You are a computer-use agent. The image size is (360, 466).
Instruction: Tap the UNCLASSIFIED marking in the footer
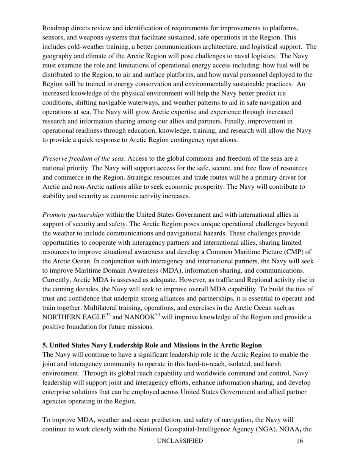point(180,441)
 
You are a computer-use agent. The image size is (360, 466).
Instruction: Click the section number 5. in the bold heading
point(45,345)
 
